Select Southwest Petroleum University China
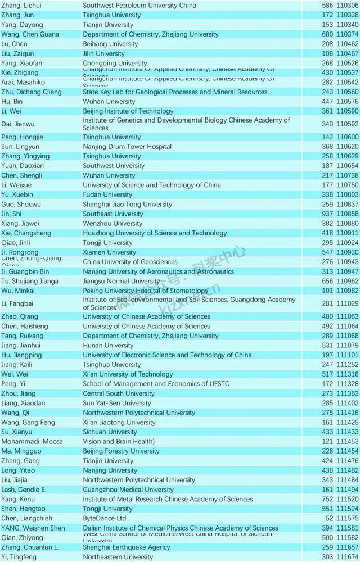139,5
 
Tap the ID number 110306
348,5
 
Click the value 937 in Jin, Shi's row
328,214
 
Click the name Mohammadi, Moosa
24,441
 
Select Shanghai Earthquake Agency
127,547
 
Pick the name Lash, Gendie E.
24,490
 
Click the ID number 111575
348,518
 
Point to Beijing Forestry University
121,451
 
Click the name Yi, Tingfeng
19,557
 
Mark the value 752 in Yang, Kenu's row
328,499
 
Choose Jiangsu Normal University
121,281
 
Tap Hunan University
108,345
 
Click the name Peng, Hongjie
22,137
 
